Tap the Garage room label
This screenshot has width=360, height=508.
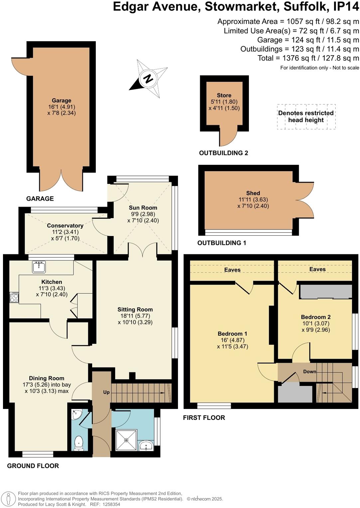click(x=62, y=100)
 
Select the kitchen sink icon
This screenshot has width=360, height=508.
click(x=39, y=267)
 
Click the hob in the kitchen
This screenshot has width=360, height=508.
click(x=14, y=297)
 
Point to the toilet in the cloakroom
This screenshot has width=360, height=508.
click(x=79, y=443)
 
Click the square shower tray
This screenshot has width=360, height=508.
click(x=126, y=440)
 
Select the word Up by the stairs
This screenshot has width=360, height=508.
click(x=106, y=392)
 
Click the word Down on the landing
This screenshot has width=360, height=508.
click(x=309, y=371)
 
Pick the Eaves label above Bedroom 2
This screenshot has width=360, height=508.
click(x=317, y=269)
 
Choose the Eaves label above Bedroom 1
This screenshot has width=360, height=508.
click(x=232, y=270)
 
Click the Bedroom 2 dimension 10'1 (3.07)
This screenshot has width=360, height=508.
click(x=316, y=323)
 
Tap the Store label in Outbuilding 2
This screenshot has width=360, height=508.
click(x=224, y=95)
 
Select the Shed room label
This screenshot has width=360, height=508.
click(x=253, y=193)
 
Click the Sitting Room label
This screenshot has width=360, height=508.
click(x=135, y=310)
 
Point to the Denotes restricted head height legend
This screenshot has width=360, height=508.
click(x=306, y=116)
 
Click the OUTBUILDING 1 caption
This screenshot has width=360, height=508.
click(x=222, y=243)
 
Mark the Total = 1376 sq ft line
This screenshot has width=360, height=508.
click(x=308, y=58)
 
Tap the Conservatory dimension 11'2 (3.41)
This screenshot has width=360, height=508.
click(x=65, y=232)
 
